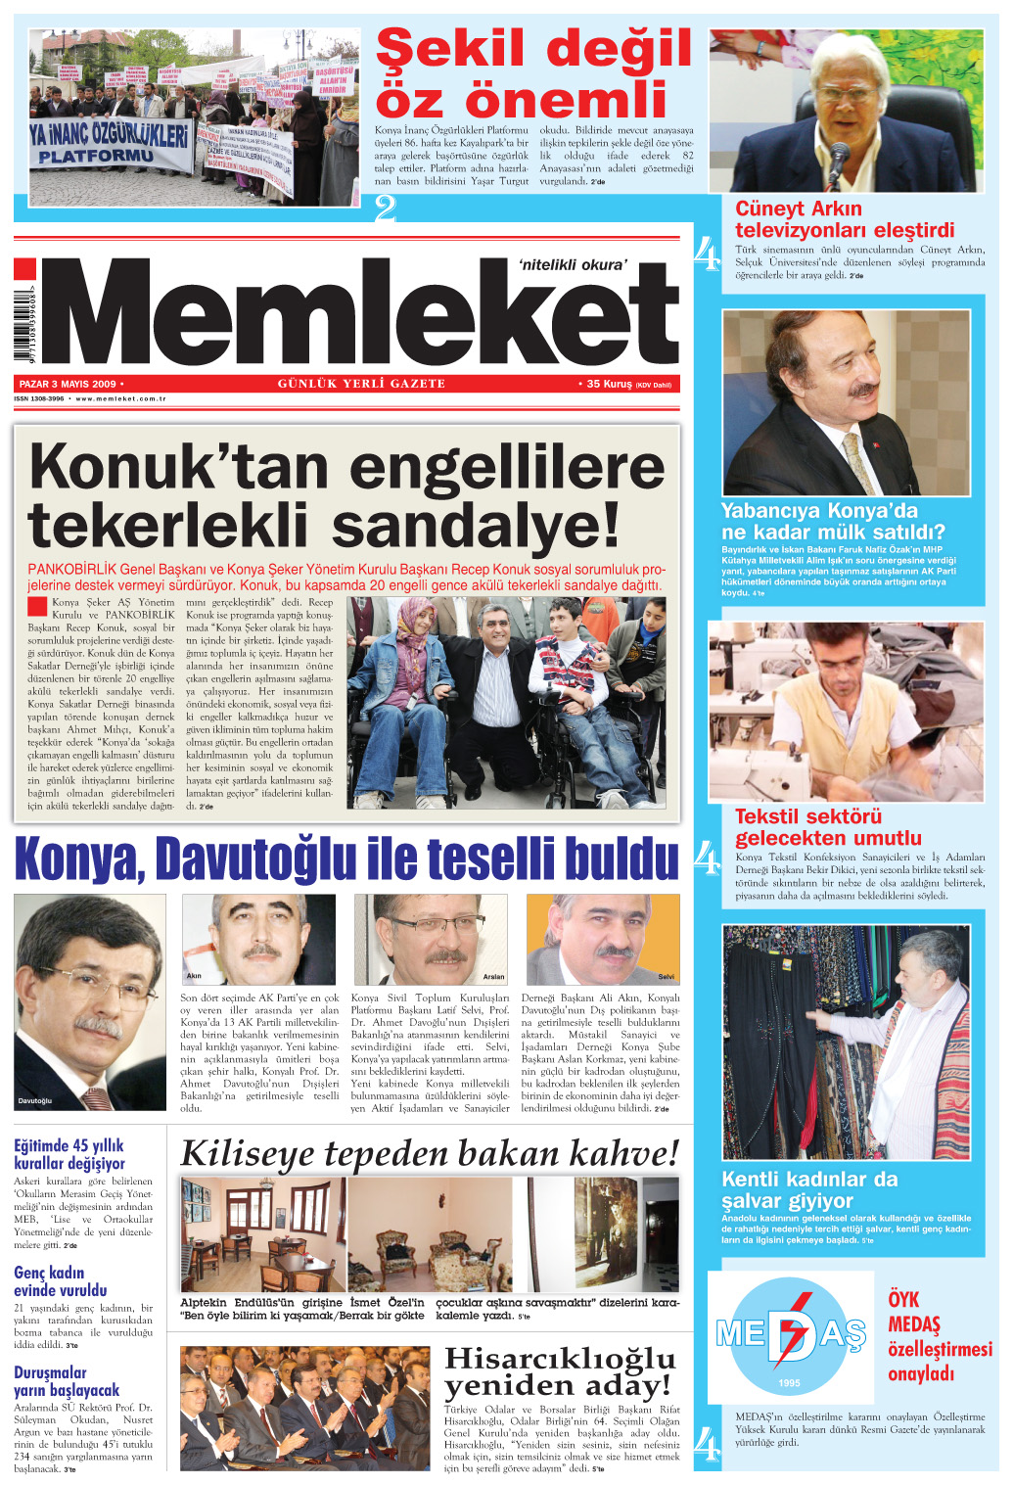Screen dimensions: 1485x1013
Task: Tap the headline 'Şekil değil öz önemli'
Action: point(533,74)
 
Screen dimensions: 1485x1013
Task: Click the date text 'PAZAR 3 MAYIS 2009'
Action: point(68,384)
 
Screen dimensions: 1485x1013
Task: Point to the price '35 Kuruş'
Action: point(610,384)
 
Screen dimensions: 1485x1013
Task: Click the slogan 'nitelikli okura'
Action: point(573,264)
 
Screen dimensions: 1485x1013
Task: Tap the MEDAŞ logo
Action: point(791,1333)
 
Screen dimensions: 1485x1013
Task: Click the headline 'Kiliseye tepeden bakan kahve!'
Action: point(430,1153)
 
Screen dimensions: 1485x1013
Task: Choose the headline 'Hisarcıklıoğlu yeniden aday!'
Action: point(560,1371)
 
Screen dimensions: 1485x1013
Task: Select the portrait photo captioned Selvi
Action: point(603,939)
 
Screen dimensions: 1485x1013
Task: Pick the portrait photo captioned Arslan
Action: point(431,939)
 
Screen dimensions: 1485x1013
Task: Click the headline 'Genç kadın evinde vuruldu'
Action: point(61,1280)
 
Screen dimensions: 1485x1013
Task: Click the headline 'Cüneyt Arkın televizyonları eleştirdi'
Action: point(844,219)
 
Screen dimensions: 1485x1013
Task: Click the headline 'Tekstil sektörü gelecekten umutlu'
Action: point(828,827)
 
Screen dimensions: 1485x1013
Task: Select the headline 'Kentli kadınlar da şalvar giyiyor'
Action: point(808,1189)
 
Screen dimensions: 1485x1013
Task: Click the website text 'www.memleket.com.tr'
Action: point(121,399)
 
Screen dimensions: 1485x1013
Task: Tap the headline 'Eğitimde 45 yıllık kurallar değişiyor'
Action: point(69,1154)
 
